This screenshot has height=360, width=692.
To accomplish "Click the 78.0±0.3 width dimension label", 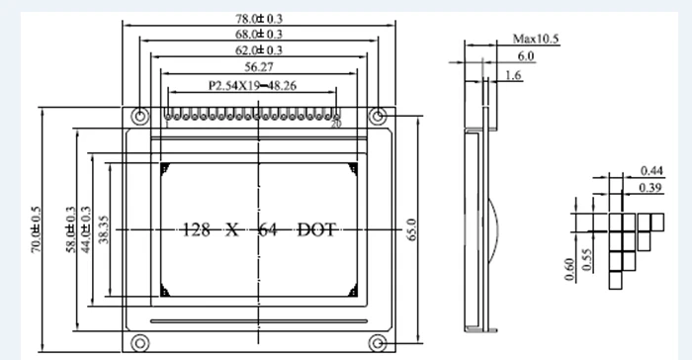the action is (x=259, y=19).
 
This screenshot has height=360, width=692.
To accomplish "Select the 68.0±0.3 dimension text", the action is (x=259, y=34).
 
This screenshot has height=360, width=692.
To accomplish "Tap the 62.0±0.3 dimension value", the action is (x=259, y=49).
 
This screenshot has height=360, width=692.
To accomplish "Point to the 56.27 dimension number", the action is (x=259, y=67).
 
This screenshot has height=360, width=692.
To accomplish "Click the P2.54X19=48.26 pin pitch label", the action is (x=252, y=85).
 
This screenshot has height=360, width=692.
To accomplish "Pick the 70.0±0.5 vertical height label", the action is (x=36, y=229).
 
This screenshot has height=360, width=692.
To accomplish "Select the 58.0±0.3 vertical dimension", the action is (x=71, y=229).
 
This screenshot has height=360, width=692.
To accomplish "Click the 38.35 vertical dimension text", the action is (x=103, y=229).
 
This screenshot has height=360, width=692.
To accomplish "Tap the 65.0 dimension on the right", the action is (x=411, y=229).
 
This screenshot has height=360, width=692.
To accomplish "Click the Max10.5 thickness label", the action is (x=536, y=39).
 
